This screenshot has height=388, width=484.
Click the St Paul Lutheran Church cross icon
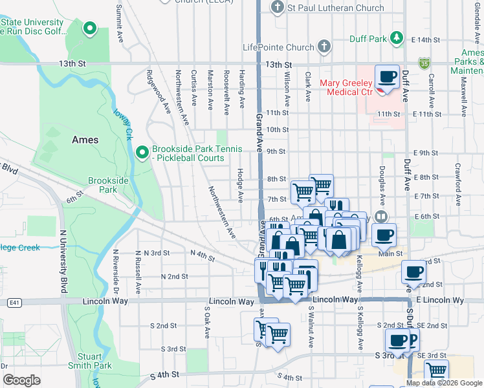pos(277,8)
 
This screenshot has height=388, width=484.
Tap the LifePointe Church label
pos(278,47)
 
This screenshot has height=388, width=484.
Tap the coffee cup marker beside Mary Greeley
pos(388,78)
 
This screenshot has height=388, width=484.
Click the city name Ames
pos(85,140)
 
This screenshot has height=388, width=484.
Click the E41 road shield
pos(14,302)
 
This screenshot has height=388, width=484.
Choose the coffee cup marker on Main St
pos(383,234)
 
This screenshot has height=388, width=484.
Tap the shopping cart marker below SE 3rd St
pos(437,371)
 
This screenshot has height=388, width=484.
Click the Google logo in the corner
pos(21,380)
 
